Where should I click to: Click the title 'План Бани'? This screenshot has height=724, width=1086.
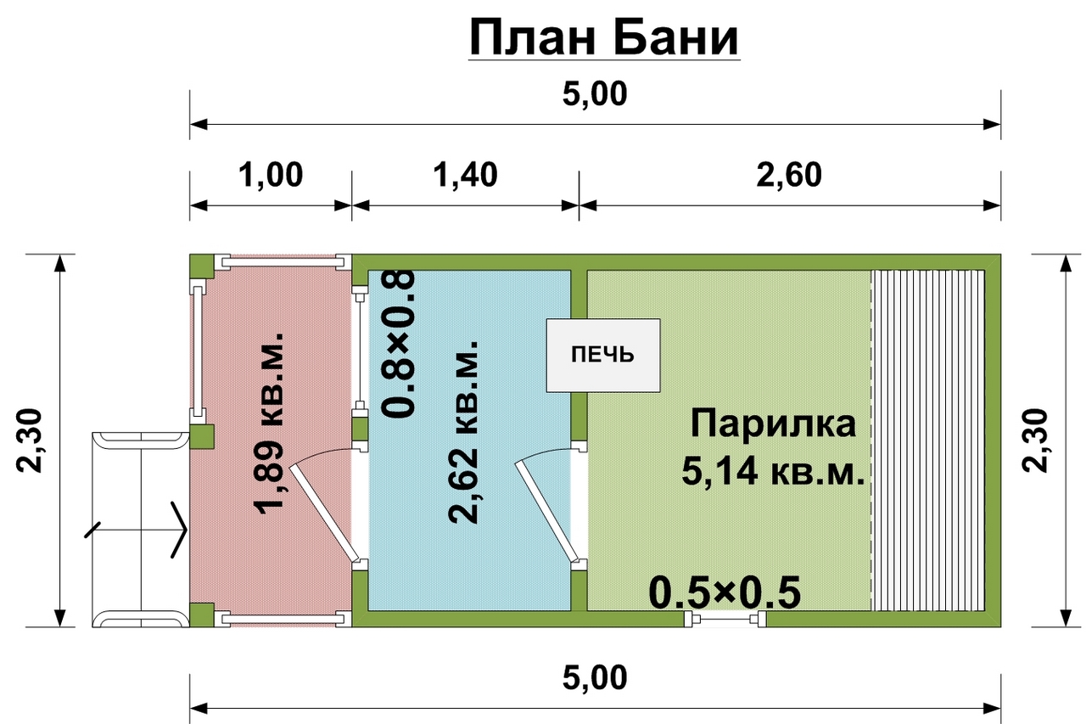click(603, 37)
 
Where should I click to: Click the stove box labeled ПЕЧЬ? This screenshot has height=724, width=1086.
click(602, 355)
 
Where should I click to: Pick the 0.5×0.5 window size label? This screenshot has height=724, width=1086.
click(725, 593)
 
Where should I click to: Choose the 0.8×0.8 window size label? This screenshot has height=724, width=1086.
click(398, 344)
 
